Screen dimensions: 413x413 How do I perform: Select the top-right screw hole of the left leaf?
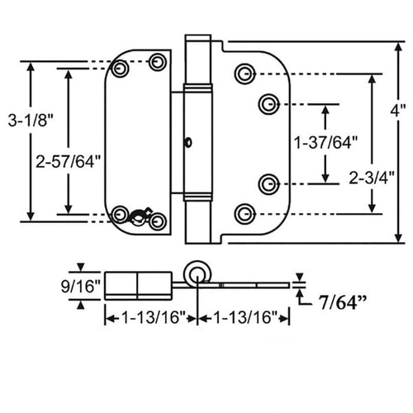pyautogui.click(x=159, y=62)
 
